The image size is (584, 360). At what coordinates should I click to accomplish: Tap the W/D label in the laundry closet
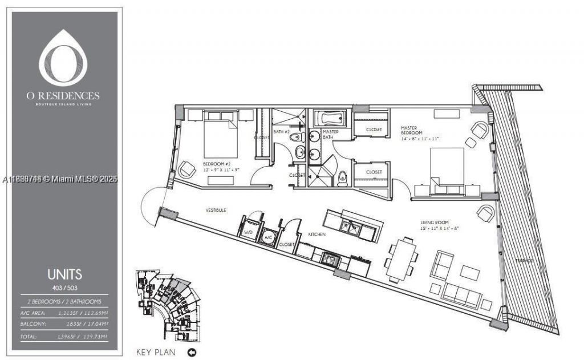248,233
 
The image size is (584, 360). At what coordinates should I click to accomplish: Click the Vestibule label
216,211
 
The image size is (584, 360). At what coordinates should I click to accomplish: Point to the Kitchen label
317,234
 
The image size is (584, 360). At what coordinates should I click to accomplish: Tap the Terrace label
525,261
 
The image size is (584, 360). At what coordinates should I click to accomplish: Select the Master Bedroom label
412,131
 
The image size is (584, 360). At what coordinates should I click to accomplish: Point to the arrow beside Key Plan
192,352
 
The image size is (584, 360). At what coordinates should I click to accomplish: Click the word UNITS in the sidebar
64,274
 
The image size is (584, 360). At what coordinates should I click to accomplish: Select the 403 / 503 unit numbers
64,287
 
